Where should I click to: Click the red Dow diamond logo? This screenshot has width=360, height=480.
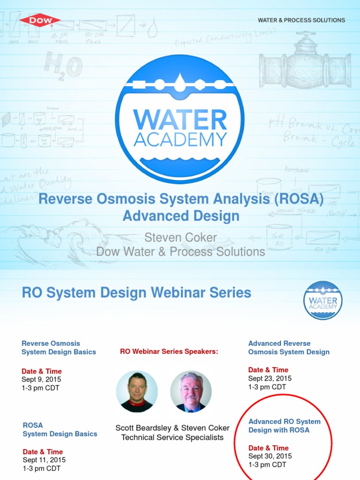point(40,20)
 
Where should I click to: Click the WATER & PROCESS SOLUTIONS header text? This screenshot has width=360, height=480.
point(301,20)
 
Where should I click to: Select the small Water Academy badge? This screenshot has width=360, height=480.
point(323,300)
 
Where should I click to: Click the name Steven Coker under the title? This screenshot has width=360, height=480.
point(180,238)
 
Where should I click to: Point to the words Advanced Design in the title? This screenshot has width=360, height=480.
point(181,216)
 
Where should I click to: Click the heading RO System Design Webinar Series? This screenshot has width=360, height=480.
point(136,293)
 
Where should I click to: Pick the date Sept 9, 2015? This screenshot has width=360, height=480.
point(41,379)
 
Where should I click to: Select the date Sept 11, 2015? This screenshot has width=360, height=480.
point(44,460)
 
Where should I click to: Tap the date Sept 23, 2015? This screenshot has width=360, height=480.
point(270,378)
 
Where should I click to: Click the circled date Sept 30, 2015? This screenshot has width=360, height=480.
point(270,456)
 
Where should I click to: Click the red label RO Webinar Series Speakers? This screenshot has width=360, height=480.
point(169,352)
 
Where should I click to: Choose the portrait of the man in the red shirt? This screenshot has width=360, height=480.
point(137,392)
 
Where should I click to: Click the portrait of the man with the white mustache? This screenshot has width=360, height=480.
point(191,392)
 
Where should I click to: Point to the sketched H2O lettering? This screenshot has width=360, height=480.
point(63,66)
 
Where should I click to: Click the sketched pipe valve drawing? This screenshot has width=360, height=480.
point(305,63)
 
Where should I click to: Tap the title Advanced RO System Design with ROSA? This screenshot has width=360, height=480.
point(285,426)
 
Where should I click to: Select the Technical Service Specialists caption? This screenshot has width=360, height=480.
point(172,437)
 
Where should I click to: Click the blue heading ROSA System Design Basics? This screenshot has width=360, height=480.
point(60,429)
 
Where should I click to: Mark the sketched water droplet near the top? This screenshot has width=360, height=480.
point(152,29)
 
